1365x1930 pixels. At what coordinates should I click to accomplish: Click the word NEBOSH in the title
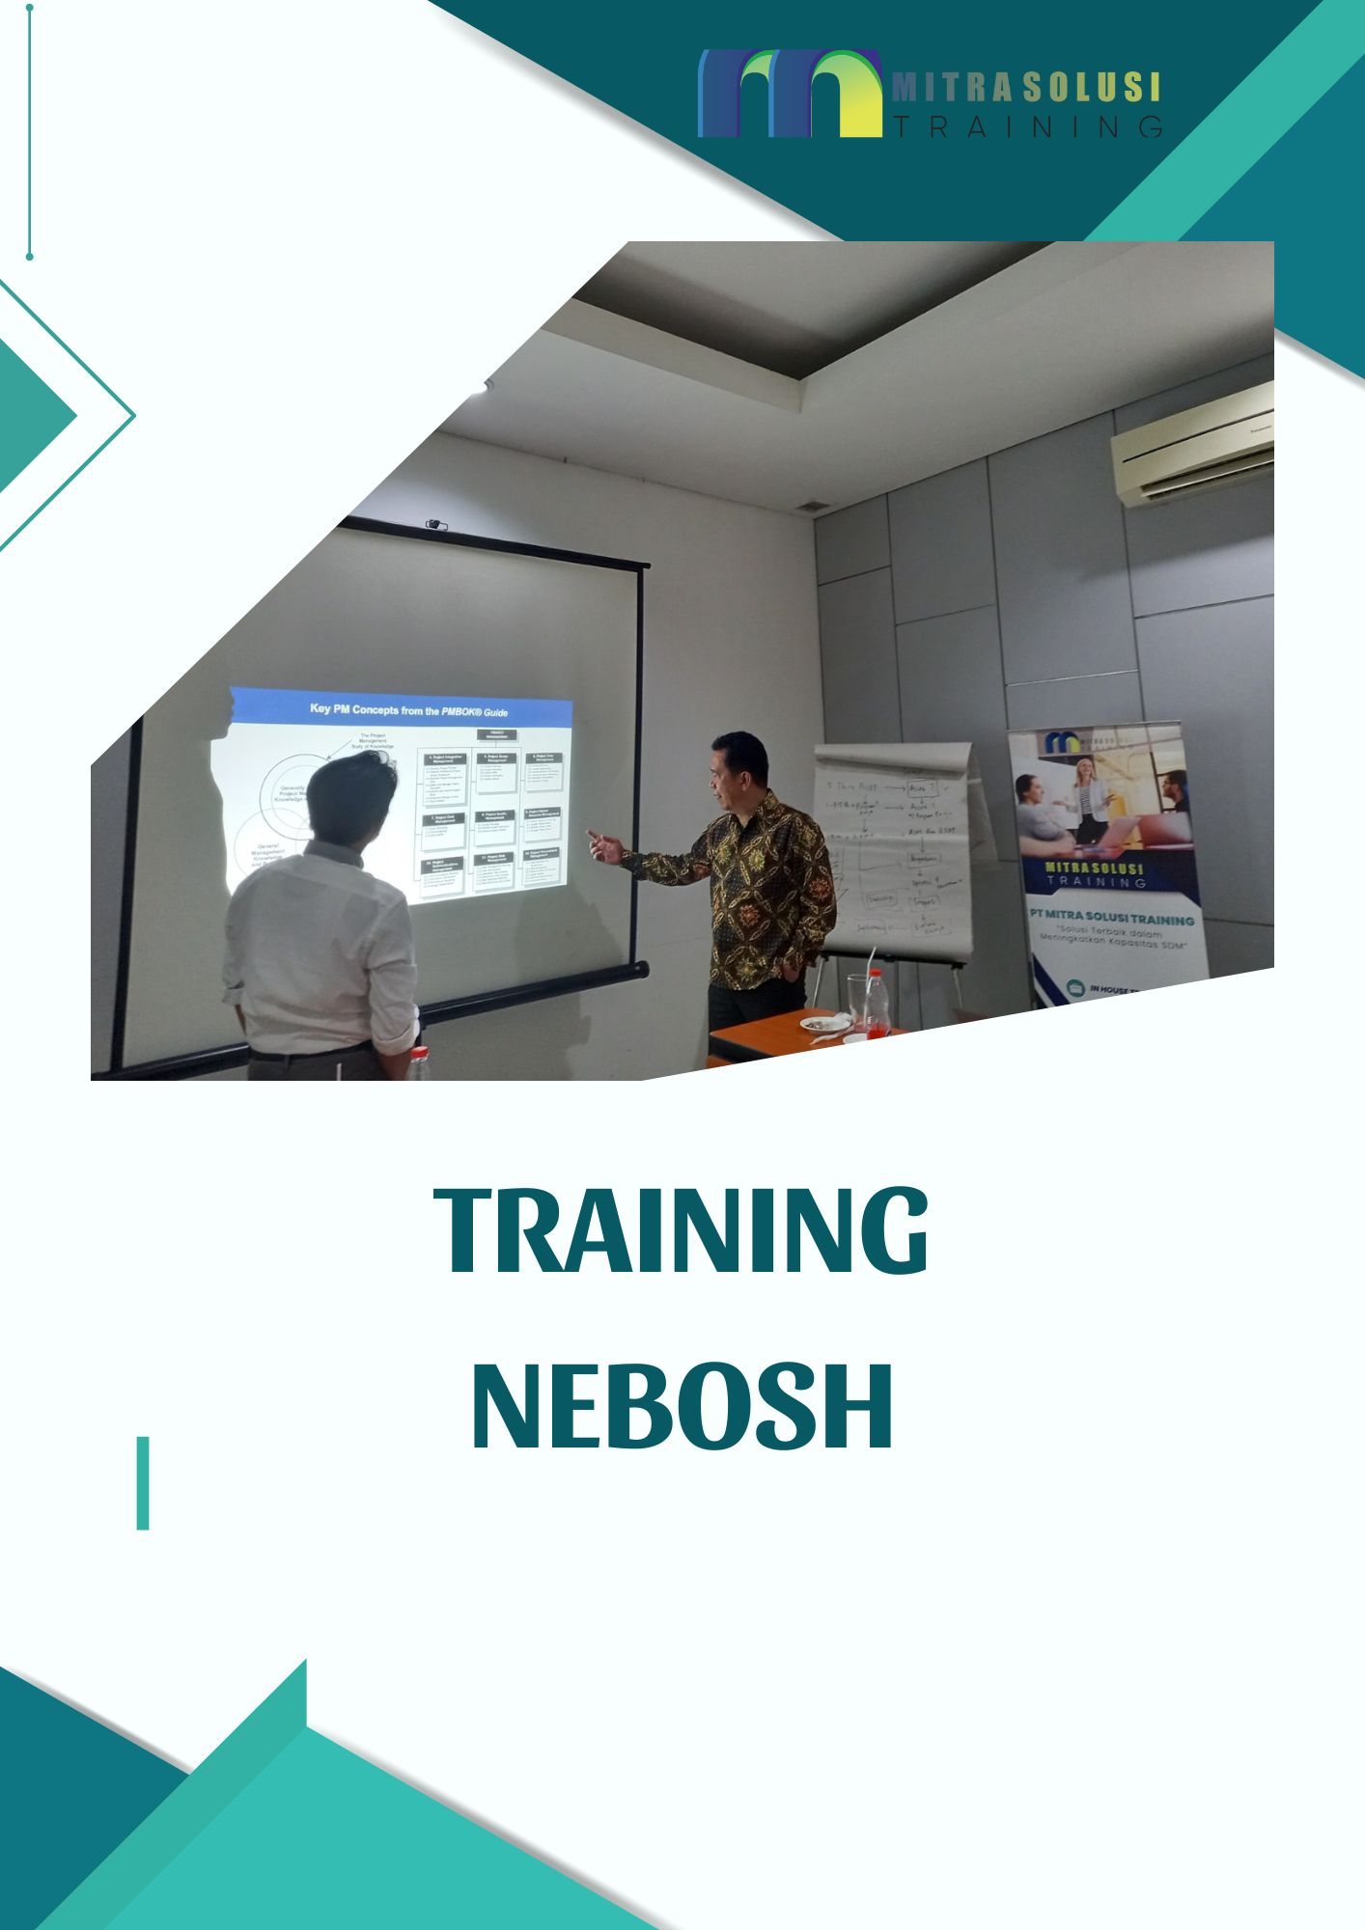click(x=682, y=1408)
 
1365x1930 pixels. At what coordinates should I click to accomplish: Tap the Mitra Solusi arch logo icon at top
click(x=790, y=94)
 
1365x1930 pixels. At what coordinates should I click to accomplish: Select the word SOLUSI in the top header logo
click(x=1091, y=88)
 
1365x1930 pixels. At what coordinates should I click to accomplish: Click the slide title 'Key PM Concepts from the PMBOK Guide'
click(x=407, y=710)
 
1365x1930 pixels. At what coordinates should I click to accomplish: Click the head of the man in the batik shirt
click(x=738, y=768)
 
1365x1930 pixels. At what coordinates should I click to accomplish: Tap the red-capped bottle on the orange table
click(x=876, y=1004)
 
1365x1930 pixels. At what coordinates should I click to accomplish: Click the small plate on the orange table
click(x=822, y=1023)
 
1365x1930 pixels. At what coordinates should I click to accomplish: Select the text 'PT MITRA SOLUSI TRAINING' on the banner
click(x=1110, y=920)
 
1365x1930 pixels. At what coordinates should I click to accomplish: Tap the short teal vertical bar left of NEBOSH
click(x=143, y=1483)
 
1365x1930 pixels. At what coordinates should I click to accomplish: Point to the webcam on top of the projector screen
click(x=436, y=525)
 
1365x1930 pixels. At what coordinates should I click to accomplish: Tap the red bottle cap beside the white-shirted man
click(x=419, y=1052)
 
